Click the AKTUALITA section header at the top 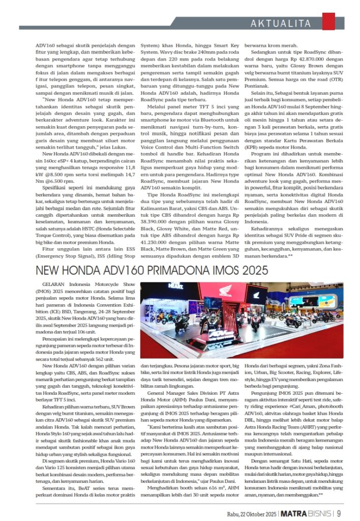(x=281, y=23)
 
